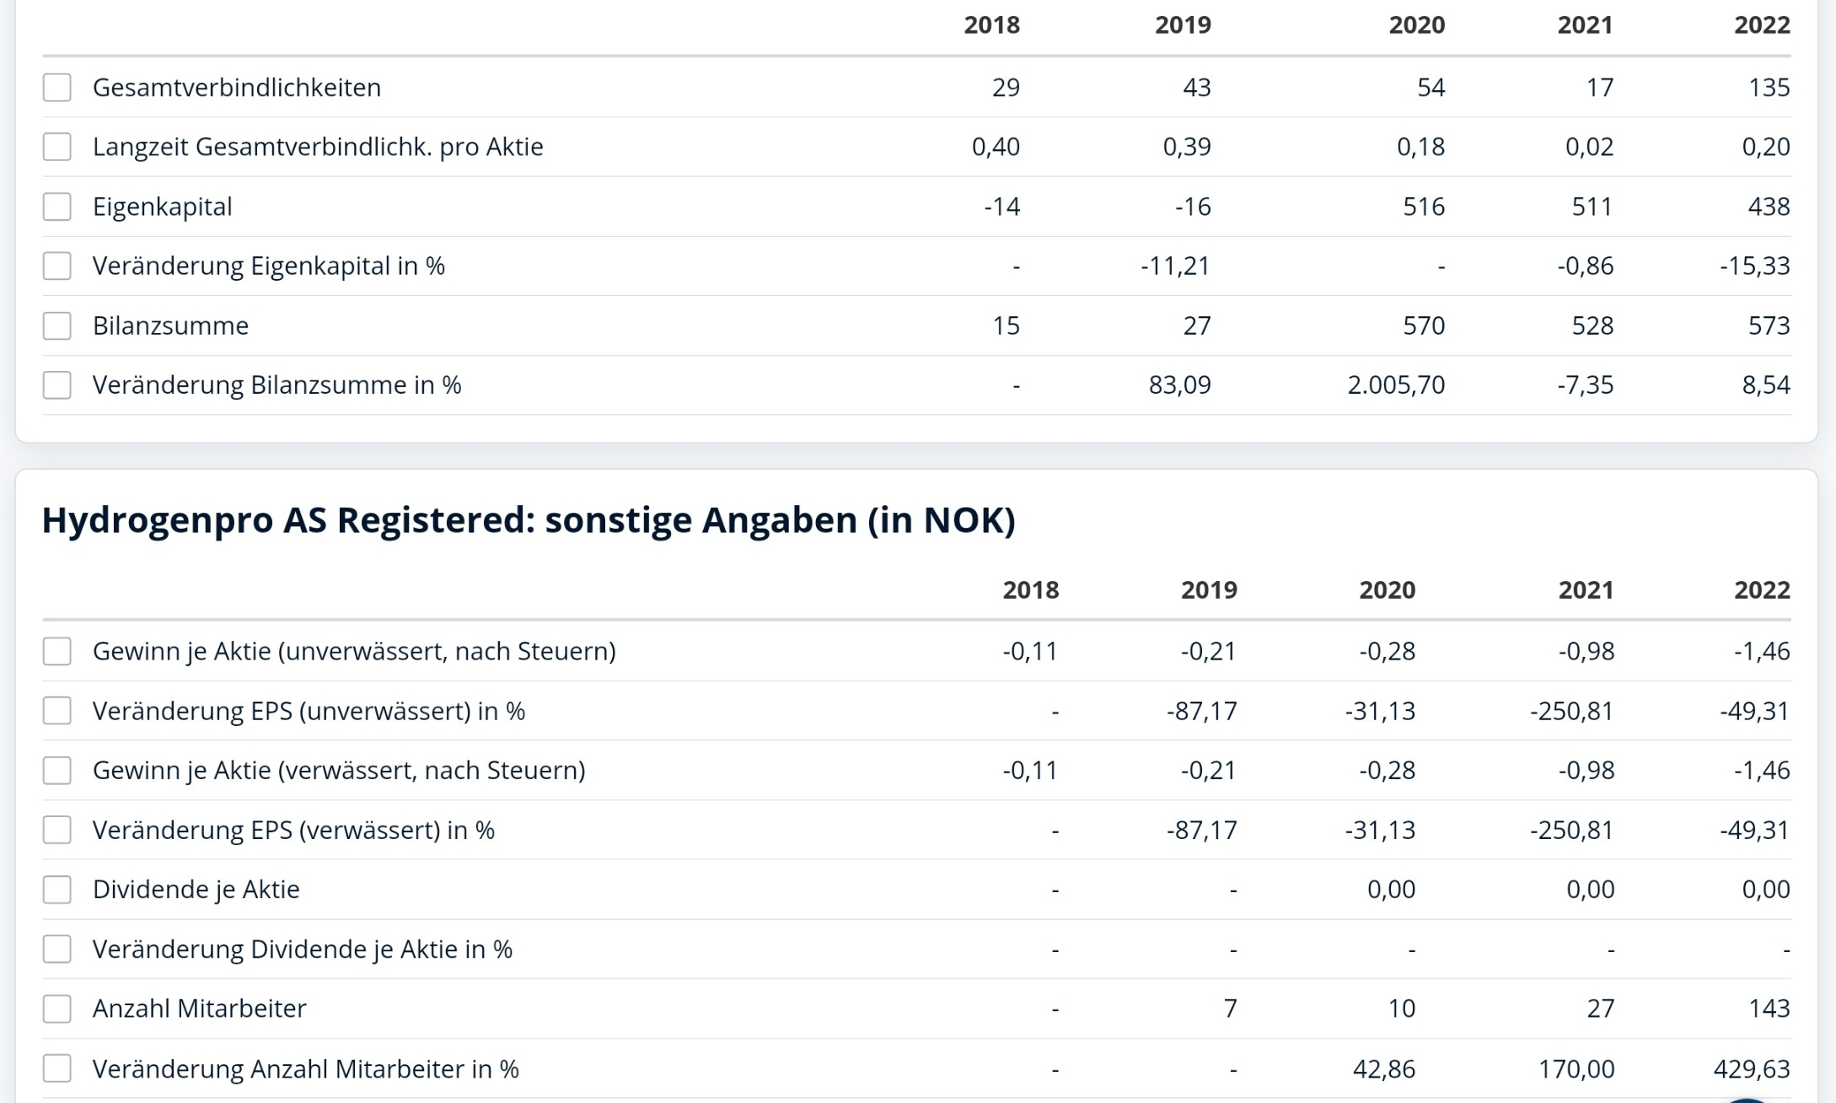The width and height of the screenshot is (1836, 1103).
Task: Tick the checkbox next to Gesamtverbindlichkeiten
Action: point(56,87)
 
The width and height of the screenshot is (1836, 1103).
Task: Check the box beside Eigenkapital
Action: point(56,207)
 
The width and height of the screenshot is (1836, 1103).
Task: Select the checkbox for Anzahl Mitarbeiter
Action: point(56,1009)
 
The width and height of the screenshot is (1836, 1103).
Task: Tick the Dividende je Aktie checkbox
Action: point(56,890)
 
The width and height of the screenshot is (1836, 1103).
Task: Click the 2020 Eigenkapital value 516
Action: point(1423,207)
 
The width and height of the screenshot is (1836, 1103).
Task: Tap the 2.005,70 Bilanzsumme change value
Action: point(1395,385)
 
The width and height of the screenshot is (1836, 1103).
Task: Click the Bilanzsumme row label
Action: point(170,326)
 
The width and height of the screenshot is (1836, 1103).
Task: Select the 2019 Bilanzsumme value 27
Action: point(1196,326)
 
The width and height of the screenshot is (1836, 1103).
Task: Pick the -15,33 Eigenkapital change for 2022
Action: point(1754,266)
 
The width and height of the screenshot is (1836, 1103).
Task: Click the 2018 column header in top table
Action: point(991,25)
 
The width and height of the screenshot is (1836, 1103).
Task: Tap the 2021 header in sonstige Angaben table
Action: point(1585,590)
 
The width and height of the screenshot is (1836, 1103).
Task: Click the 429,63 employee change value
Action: point(1751,1069)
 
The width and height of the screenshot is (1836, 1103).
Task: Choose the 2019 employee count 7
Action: point(1230,1009)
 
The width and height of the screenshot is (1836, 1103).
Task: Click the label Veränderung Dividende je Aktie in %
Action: point(302,950)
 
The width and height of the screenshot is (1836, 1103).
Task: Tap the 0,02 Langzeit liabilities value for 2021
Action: point(1589,147)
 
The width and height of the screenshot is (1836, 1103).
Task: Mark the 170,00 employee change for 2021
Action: point(1576,1069)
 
